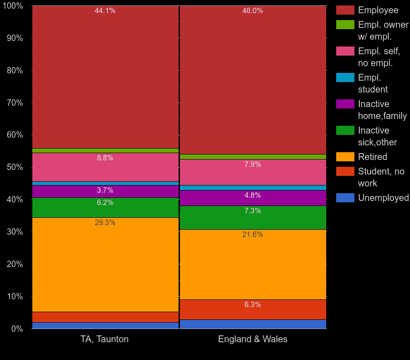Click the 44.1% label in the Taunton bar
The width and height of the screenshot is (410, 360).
coord(105,11)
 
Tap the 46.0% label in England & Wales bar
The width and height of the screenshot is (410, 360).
coord(252,11)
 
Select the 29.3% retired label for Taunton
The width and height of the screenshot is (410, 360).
coord(105,223)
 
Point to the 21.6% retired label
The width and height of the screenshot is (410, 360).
coord(252,235)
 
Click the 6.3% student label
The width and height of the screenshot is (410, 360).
coord(252,305)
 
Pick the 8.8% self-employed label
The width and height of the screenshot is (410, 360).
coord(105,158)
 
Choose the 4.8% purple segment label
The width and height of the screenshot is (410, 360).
coord(252,195)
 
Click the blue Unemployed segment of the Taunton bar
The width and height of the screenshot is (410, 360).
coord(105,325)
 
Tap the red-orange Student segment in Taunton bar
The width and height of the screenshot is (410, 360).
coord(105,317)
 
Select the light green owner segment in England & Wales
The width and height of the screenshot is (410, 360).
coord(252,157)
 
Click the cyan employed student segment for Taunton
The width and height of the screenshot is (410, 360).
coord(105,183)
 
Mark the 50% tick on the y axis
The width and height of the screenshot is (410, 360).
coord(15,167)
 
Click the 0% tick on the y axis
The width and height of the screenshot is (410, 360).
coord(17,329)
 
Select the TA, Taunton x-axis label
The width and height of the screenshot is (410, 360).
coord(105,339)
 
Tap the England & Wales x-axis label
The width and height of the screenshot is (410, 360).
coord(252,339)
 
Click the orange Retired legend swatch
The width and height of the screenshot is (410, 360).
coord(345,157)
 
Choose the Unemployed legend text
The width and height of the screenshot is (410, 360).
coord(383,198)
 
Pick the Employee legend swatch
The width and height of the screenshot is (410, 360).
coord(345,10)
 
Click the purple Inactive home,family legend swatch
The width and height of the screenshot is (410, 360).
coord(345,104)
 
